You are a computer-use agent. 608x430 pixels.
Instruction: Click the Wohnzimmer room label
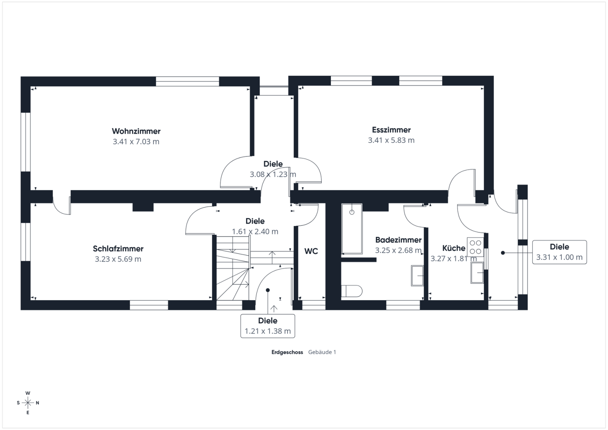point(136,131)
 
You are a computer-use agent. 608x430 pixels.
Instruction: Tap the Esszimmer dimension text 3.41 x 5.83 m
point(391,140)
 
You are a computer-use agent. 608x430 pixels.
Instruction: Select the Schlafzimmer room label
point(118,249)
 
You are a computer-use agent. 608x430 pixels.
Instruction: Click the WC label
point(311,251)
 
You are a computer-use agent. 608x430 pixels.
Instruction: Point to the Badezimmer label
point(398,240)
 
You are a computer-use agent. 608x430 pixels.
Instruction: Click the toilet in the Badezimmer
point(352,291)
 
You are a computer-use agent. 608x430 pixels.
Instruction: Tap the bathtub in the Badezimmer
point(352,229)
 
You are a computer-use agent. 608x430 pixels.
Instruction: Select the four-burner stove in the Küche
point(475,247)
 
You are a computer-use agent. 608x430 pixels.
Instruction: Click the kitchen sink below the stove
point(477,273)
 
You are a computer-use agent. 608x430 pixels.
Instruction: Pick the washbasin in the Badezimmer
point(417,276)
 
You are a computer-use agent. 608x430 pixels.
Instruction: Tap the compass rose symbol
point(28,403)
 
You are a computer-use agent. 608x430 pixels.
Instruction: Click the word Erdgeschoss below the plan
point(287,352)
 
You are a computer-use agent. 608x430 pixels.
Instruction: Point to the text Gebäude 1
point(322,352)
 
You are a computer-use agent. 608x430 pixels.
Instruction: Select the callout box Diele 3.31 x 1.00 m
point(559,252)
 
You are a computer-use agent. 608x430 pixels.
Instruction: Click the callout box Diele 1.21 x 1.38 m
point(268,326)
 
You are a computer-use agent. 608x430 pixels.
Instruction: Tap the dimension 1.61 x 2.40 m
point(255,232)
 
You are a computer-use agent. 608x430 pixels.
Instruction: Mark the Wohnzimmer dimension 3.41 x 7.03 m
point(136,142)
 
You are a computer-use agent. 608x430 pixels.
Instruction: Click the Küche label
point(454,248)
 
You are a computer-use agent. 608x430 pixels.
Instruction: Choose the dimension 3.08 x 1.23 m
point(273,174)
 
